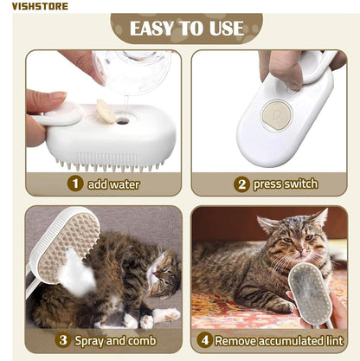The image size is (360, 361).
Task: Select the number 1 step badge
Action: pyautogui.click(x=75, y=184)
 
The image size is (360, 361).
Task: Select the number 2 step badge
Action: pyautogui.click(x=241, y=184)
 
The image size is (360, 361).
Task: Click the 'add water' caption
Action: pyautogui.click(x=112, y=184)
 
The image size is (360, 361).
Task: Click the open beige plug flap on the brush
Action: pyautogui.click(x=106, y=109)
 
